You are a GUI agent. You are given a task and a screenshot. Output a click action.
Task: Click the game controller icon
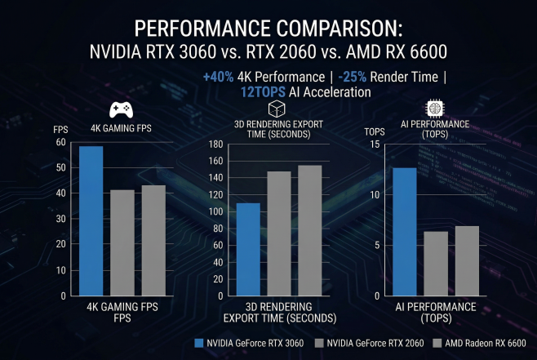click(122, 109)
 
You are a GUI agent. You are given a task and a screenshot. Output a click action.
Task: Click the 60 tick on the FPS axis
click(60, 142)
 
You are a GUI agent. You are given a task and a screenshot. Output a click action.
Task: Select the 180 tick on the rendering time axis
click(216, 144)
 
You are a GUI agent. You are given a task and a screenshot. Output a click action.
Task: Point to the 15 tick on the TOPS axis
click(375, 144)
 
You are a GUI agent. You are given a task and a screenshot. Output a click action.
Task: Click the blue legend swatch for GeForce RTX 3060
click(200, 343)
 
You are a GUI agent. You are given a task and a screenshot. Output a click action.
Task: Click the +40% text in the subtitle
click(218, 78)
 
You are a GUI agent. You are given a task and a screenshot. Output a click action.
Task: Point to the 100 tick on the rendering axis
click(216, 211)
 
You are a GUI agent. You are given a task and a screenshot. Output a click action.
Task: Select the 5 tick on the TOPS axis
click(378, 245)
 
